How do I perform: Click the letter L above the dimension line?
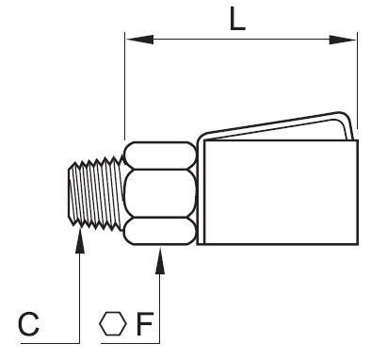pos(237,19)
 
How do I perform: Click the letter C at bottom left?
pos(28,324)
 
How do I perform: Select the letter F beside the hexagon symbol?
pos(145,324)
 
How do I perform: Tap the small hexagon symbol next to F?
pos(113,323)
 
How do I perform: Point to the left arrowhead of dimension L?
pos(139,40)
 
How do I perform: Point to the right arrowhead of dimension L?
pos(343,40)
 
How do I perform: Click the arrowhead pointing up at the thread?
pos(80,240)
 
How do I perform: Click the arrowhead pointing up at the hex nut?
pos(160,261)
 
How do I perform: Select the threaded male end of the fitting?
pos(95,192)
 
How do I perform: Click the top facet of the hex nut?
pos(160,155)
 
